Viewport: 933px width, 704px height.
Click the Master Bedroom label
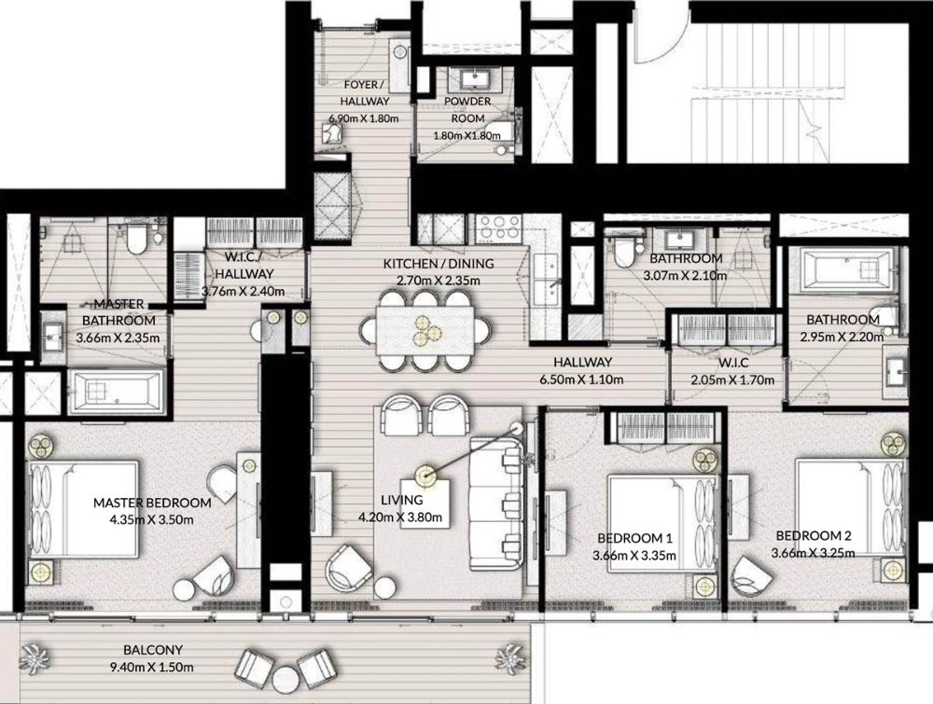tap(152, 503)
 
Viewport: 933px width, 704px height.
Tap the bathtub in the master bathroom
tap(117, 391)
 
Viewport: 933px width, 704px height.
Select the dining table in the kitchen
tap(425, 329)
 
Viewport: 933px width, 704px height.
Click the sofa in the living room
tap(497, 504)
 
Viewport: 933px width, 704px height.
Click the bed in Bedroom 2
tap(851, 508)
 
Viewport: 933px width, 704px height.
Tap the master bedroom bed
tap(85, 509)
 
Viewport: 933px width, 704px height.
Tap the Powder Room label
tap(467, 109)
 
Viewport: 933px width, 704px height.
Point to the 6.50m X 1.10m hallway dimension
tap(580, 380)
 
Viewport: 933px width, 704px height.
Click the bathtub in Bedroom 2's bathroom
tap(842, 270)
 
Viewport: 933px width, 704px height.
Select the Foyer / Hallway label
tap(365, 92)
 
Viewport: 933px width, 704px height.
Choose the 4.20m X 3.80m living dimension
tap(400, 518)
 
